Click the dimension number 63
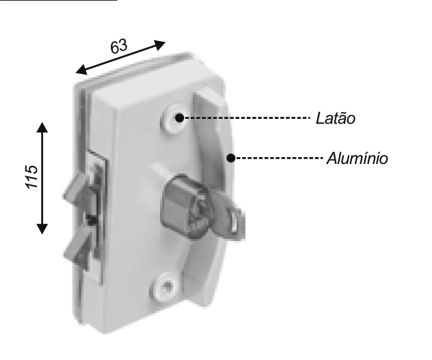(x=119, y=46)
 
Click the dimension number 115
(x=32, y=177)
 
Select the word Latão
(x=336, y=118)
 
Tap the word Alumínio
(x=357, y=158)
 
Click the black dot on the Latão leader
(x=179, y=118)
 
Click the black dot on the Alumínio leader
(x=231, y=158)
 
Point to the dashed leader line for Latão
(x=247, y=118)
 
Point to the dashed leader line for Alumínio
(x=279, y=158)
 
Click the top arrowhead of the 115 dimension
(x=42, y=127)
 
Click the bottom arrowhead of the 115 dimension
(x=42, y=229)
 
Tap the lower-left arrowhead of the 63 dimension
(x=81, y=70)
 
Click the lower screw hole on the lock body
(x=165, y=286)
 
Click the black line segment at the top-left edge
(x=58, y=1)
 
